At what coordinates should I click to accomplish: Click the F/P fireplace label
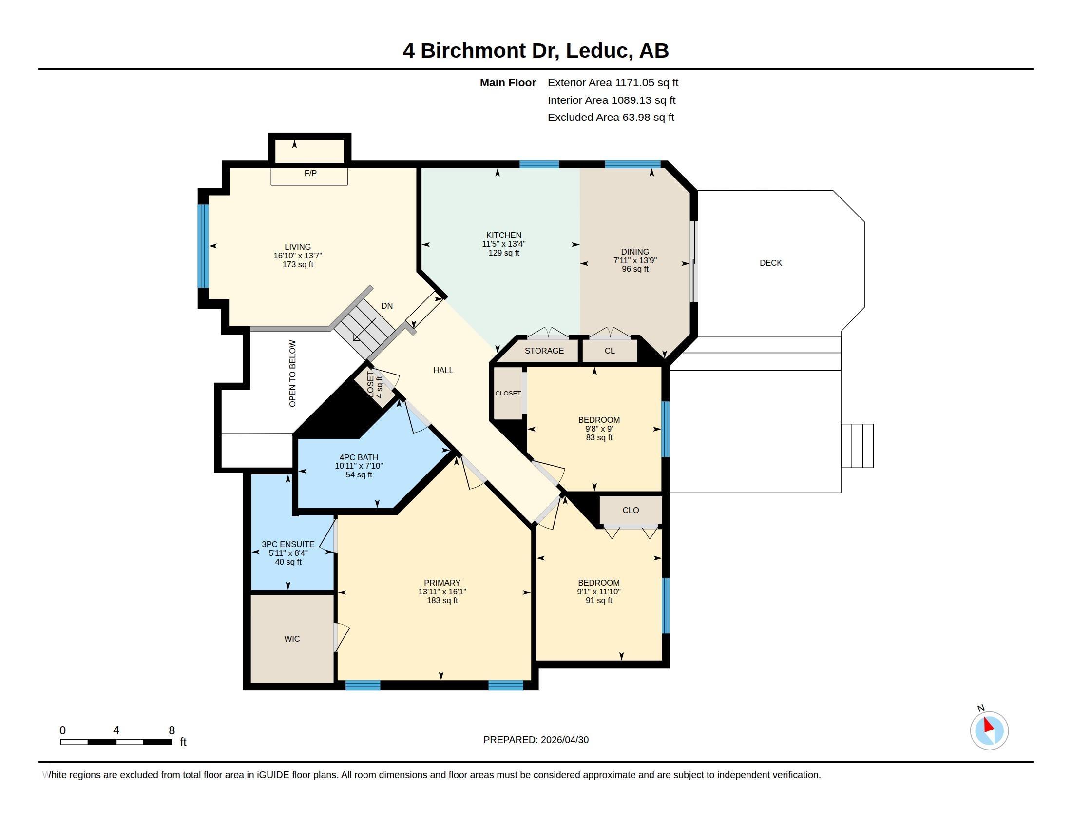(310, 174)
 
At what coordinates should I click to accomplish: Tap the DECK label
(771, 263)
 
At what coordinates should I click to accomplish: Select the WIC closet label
(292, 639)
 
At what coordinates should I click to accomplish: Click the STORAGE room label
(544, 351)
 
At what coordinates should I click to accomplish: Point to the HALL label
(443, 370)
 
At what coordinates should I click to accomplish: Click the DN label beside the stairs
(387, 306)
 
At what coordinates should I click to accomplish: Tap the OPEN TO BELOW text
(292, 374)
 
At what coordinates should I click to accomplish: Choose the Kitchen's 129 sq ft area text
(504, 253)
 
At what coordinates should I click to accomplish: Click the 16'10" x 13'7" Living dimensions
(298, 256)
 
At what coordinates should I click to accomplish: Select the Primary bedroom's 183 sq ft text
(442, 601)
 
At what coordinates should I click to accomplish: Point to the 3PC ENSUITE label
(288, 544)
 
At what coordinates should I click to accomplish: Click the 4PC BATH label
(359, 457)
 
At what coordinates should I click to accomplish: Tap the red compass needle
(989, 725)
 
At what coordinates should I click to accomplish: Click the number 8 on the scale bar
(172, 730)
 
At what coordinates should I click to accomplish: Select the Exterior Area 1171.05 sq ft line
(613, 83)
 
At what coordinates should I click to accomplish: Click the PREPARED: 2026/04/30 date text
(536, 740)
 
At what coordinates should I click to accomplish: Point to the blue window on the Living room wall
(203, 246)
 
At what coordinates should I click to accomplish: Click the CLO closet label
(631, 510)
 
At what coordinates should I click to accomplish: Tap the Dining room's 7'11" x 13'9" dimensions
(635, 260)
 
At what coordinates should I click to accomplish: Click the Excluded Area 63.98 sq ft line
(611, 118)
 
